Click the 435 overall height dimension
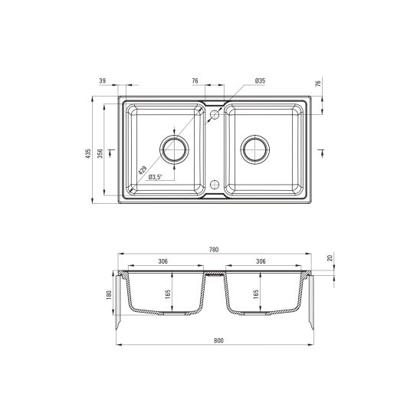coord(88,153)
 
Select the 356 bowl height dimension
coord(100,153)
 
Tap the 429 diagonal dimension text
coord(143,170)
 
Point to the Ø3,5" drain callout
coord(156,177)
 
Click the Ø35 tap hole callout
coord(260,80)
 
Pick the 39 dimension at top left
coord(103,80)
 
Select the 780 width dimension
coord(214,250)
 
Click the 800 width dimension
coord(219,341)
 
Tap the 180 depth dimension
coord(109,295)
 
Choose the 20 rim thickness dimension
coord(330,258)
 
